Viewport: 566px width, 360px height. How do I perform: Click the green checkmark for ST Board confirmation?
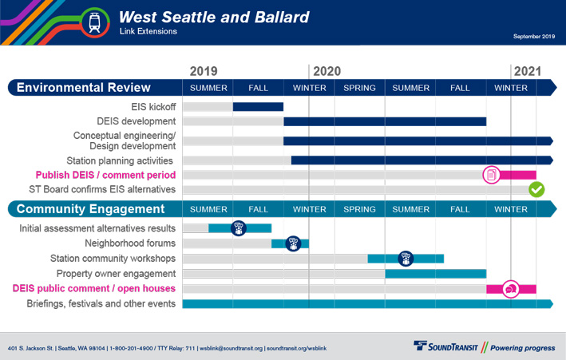click(536, 189)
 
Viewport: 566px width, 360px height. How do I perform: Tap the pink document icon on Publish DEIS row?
click(491, 175)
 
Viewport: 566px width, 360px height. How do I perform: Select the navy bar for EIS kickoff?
click(258, 107)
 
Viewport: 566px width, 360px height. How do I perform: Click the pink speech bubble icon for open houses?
click(511, 289)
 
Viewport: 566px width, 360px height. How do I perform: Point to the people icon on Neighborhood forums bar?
click(293, 243)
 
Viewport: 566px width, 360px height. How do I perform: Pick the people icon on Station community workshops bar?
click(406, 259)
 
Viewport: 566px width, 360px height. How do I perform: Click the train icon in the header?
click(94, 22)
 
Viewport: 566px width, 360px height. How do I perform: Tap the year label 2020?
click(327, 71)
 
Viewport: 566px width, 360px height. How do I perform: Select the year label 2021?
click(528, 71)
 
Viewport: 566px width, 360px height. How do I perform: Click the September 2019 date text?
click(534, 36)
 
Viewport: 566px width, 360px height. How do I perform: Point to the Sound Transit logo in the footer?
click(445, 346)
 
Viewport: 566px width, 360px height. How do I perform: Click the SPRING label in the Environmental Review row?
click(359, 88)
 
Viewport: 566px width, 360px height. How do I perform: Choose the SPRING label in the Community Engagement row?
click(359, 209)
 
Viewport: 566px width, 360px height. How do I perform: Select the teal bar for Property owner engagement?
click(436, 274)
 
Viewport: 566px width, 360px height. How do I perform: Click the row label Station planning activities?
click(120, 160)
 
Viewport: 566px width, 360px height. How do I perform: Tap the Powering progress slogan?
click(522, 348)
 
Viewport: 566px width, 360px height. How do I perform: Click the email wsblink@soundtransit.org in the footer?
click(231, 349)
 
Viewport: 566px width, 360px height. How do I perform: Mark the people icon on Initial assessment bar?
click(238, 228)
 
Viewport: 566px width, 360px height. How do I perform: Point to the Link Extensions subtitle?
click(148, 31)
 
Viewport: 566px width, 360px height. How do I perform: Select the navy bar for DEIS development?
click(385, 121)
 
